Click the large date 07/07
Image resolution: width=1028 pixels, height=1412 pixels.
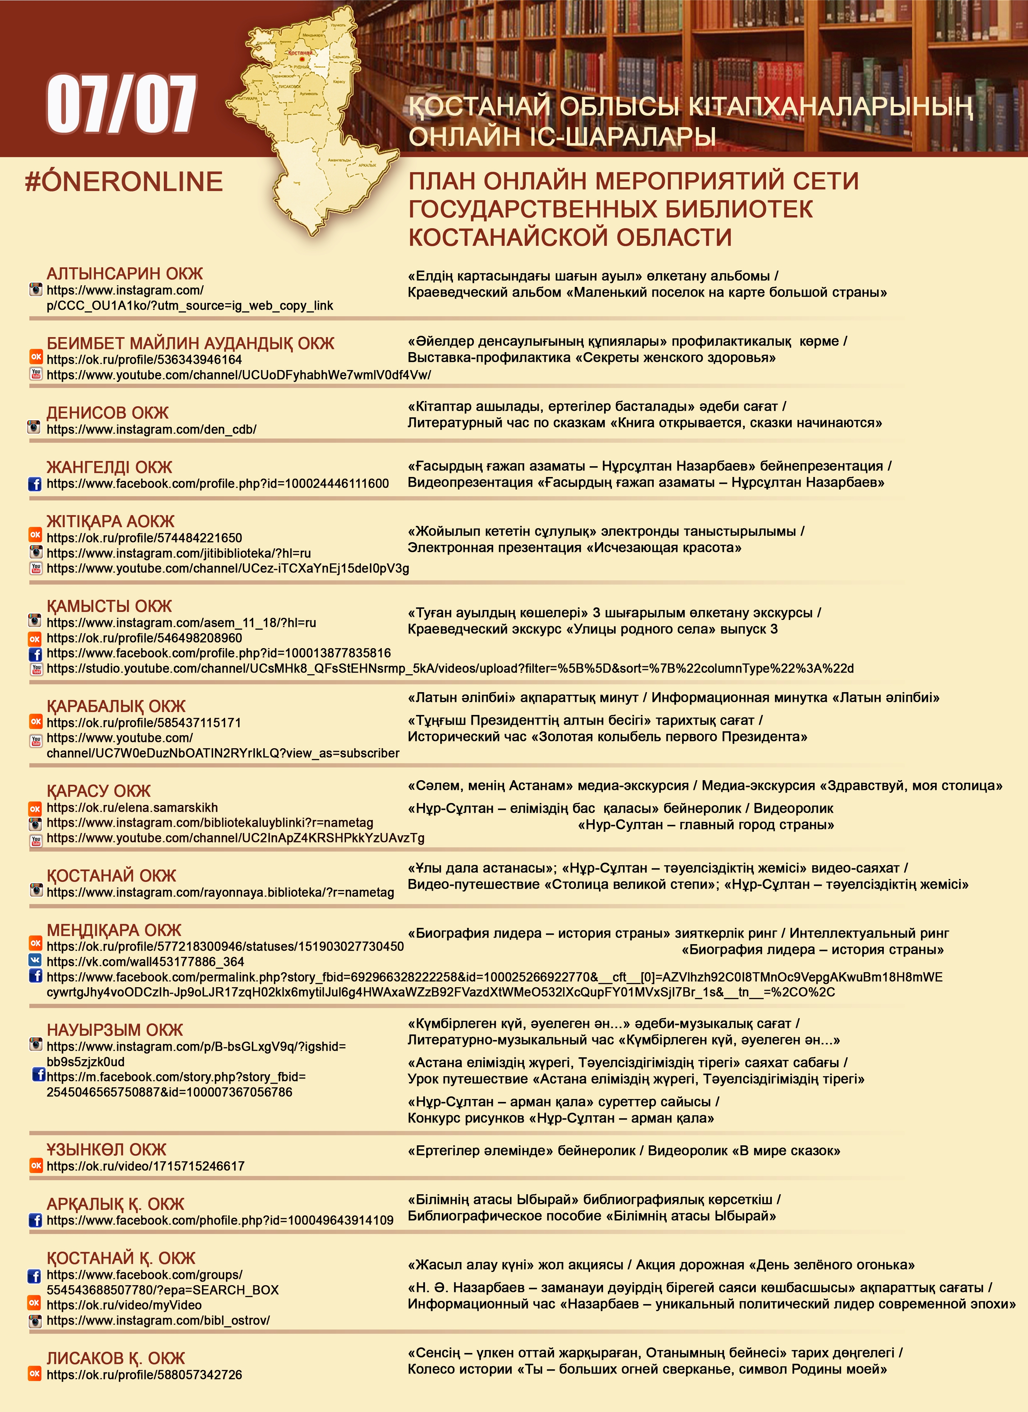[121, 104]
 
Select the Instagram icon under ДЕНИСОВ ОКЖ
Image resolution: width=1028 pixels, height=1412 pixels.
[34, 428]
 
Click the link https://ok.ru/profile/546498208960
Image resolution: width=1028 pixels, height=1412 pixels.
[144, 638]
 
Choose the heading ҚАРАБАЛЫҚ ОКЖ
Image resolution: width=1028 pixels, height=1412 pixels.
[116, 706]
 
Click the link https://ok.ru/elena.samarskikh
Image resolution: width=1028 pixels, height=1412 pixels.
[132, 808]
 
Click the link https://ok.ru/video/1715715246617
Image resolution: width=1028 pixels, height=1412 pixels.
[145, 1166]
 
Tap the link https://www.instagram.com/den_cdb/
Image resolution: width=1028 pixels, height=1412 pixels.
[151, 430]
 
